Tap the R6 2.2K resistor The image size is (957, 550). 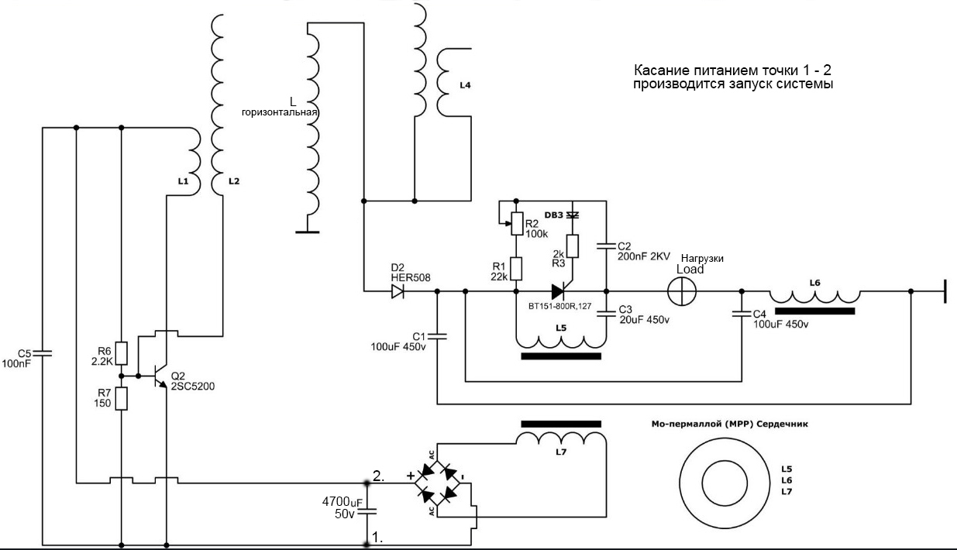(121, 352)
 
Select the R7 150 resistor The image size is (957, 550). (121, 398)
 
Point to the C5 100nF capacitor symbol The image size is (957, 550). (43, 354)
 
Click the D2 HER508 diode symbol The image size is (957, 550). (398, 292)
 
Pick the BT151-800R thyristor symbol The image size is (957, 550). (562, 292)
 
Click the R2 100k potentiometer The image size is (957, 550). (517, 223)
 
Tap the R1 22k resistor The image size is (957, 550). (517, 268)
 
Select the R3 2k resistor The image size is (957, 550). (573, 246)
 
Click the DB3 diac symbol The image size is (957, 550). (573, 215)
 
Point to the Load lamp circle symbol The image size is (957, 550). (683, 292)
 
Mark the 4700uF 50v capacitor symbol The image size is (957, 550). (367, 511)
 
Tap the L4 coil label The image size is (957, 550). (464, 86)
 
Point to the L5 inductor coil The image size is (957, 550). (561, 341)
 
